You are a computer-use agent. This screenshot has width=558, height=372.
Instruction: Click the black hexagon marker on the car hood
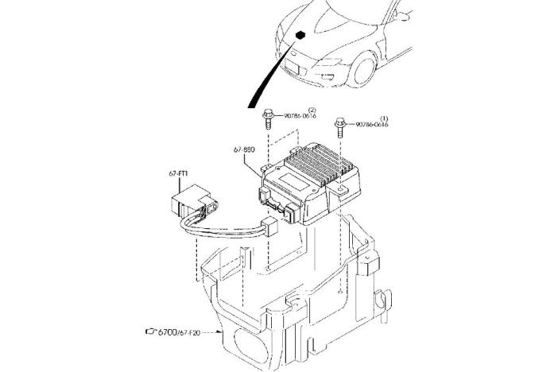click(303, 35)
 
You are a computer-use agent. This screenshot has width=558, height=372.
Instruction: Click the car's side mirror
click(404, 14)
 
